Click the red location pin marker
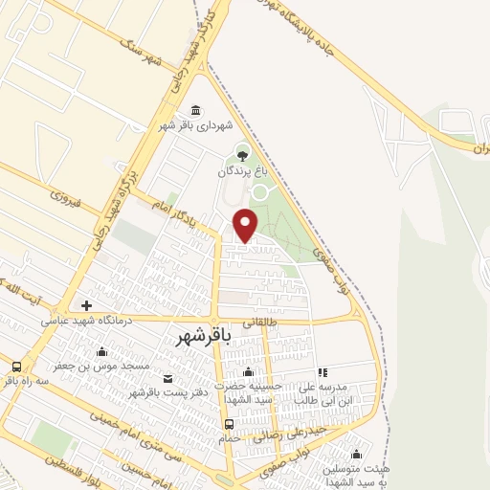(246, 224)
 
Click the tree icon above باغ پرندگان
(241, 151)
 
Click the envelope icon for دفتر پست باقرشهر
(168, 379)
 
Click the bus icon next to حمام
(229, 425)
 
